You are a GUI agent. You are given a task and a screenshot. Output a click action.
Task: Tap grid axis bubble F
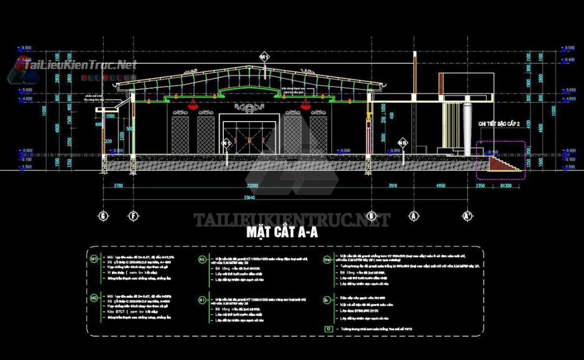tap(134, 216)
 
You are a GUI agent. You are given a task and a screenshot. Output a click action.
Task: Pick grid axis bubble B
tap(370, 216)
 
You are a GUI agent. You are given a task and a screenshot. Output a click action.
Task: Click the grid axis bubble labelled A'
tap(468, 216)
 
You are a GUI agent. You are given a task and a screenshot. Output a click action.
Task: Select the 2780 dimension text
tap(118, 186)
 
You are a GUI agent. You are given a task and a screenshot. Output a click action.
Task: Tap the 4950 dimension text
tap(441, 186)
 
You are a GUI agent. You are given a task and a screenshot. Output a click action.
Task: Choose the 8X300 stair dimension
tap(506, 186)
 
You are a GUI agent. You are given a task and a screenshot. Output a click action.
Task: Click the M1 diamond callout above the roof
tap(264, 56)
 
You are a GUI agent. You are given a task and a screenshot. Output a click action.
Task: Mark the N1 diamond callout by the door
tap(227, 143)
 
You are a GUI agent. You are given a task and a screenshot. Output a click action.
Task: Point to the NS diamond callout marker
tap(403, 143)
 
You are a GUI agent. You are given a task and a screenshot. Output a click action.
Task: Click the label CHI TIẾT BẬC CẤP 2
tap(499, 124)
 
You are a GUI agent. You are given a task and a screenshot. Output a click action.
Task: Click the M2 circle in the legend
tap(94, 298)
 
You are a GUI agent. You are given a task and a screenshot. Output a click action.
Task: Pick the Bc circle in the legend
tap(327, 299)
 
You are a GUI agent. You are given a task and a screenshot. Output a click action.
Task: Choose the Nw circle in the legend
tap(327, 259)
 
